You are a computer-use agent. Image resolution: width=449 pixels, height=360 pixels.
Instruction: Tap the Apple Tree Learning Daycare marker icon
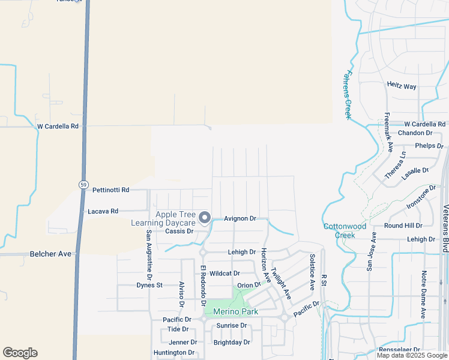tap(205, 217)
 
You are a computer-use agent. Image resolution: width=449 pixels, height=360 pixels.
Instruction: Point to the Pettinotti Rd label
tap(111, 190)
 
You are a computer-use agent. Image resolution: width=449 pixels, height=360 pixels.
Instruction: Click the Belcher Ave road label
tap(50, 254)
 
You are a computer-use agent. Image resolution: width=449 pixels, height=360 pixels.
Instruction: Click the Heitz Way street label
tap(402, 86)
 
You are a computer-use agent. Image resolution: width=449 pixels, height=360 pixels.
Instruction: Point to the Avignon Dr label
tap(240, 219)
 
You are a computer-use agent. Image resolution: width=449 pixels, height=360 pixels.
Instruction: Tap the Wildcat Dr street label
tap(225, 273)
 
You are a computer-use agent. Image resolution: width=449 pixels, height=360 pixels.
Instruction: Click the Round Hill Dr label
tap(403, 226)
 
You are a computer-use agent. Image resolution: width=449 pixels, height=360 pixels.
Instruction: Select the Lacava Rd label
tap(103, 211)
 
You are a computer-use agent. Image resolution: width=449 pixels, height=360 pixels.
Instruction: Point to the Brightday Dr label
tap(232, 343)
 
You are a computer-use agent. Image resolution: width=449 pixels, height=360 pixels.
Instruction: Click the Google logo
tap(20, 353)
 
